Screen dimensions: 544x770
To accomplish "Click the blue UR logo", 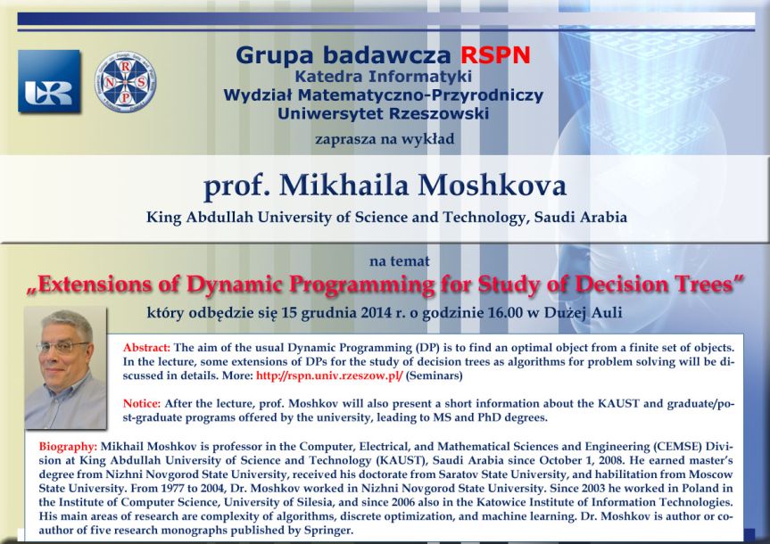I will pyautogui.click(x=48, y=82).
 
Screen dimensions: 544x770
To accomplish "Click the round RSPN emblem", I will pyautogui.click(x=126, y=82).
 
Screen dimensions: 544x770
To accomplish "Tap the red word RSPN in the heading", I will pyautogui.click(x=495, y=55).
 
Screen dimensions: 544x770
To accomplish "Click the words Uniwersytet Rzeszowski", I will pyautogui.click(x=384, y=113).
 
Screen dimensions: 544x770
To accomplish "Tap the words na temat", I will pyautogui.click(x=399, y=261).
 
